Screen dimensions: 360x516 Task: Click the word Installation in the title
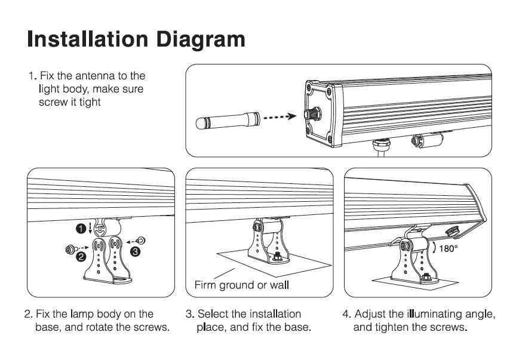pyautogui.click(x=86, y=39)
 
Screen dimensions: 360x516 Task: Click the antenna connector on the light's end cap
pyautogui.click(x=311, y=113)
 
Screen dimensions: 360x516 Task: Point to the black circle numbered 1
pyautogui.click(x=79, y=227)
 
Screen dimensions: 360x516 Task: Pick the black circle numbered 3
pyautogui.click(x=136, y=251)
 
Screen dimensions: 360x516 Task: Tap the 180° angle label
pyautogui.click(x=448, y=248)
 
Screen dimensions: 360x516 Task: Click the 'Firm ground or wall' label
pyautogui.click(x=242, y=284)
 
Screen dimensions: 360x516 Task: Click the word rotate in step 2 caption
pyautogui.click(x=105, y=328)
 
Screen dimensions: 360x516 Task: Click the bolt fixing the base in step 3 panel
pyautogui.click(x=278, y=257)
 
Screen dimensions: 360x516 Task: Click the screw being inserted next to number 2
pyautogui.click(x=70, y=247)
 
